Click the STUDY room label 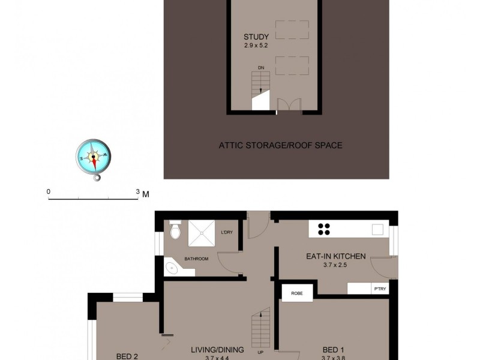(x=256, y=37)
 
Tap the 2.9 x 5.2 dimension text (x=256, y=46)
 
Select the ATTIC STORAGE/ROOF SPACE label (x=280, y=145)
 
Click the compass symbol (x=94, y=157)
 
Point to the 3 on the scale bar (x=137, y=192)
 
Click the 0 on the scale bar (x=49, y=192)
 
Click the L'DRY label (x=227, y=232)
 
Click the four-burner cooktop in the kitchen (x=325, y=229)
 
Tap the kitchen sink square (x=377, y=229)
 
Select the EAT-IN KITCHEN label (x=335, y=256)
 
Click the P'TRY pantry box (x=379, y=288)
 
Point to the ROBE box (x=296, y=293)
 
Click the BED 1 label (x=333, y=350)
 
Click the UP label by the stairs (x=260, y=352)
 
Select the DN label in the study (x=261, y=68)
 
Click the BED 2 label (x=127, y=356)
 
